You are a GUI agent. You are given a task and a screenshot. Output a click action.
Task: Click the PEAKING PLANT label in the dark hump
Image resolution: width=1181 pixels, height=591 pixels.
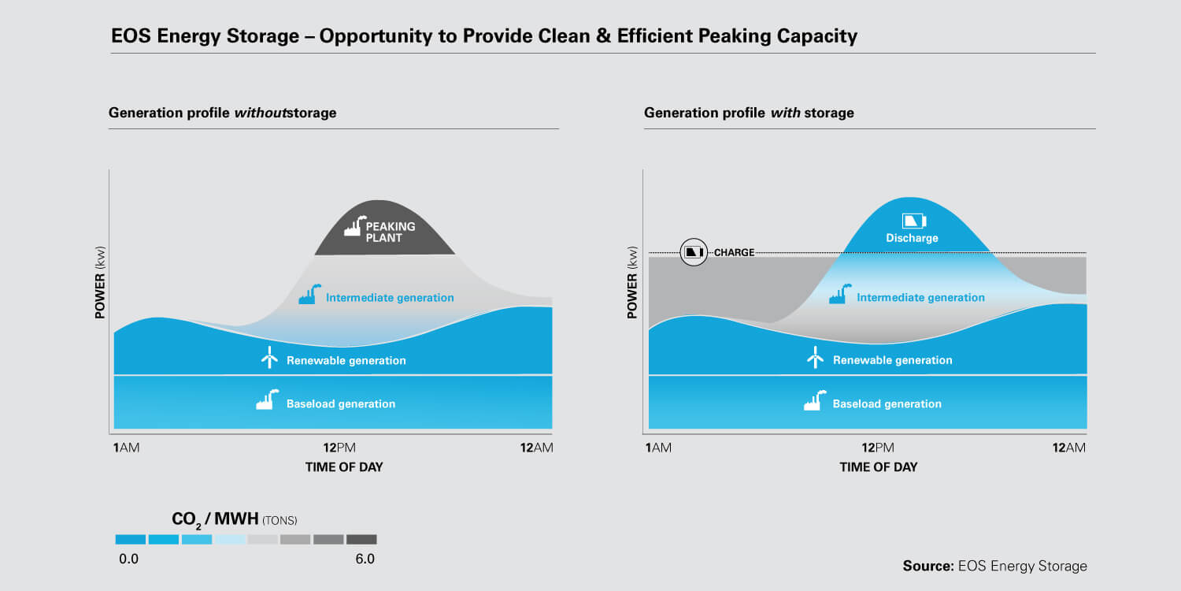tap(390, 232)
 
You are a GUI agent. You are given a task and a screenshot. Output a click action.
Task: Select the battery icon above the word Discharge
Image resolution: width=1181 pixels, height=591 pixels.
tap(913, 221)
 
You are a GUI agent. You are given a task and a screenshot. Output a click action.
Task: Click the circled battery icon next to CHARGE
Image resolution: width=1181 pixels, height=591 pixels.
tap(694, 252)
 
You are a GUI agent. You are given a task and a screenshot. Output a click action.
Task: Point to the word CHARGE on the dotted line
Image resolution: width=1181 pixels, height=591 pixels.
tap(734, 253)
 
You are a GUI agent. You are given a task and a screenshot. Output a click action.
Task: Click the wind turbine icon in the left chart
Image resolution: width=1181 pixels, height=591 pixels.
tap(269, 358)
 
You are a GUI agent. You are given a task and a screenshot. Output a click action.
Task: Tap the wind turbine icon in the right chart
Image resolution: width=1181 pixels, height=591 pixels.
tap(815, 358)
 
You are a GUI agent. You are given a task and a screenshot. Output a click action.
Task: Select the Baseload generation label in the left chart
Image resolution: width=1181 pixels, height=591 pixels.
tap(340, 404)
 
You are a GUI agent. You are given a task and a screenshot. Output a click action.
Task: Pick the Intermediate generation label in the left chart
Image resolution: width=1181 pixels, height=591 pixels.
tap(390, 298)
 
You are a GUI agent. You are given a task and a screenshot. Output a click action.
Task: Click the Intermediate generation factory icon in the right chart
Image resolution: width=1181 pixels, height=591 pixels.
tap(839, 295)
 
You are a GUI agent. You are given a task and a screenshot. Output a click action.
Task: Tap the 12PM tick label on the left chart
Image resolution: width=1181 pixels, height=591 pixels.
tap(339, 448)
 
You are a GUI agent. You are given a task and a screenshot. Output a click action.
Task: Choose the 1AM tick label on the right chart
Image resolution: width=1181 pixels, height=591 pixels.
tap(658, 448)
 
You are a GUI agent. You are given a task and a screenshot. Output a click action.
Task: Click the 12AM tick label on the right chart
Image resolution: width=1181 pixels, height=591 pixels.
tap(1069, 448)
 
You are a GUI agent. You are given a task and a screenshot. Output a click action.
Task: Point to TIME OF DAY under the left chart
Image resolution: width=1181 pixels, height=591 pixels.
tap(344, 467)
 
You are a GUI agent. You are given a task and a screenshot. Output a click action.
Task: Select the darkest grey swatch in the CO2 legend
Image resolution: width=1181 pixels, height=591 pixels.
tap(361, 540)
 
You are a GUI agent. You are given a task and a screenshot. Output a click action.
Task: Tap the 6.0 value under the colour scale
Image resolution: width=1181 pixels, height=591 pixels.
tap(365, 559)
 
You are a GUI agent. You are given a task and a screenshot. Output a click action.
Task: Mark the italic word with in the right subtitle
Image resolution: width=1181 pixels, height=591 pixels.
tap(785, 113)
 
